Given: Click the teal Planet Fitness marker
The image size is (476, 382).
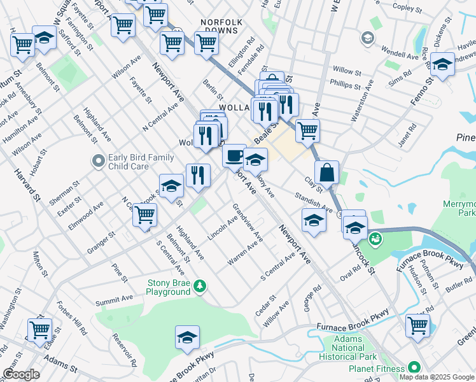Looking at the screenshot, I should coord(414,368).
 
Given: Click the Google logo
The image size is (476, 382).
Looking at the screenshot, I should coord(21,374).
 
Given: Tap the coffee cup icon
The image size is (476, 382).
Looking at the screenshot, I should coord(234,155).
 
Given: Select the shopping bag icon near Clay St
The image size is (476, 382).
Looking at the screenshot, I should coord(326,172).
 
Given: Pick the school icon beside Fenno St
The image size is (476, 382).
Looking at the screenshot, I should coord(442,64).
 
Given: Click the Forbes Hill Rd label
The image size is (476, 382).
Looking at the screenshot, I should coord(71,318).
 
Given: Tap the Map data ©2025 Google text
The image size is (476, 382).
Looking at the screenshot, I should coord(437,377).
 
